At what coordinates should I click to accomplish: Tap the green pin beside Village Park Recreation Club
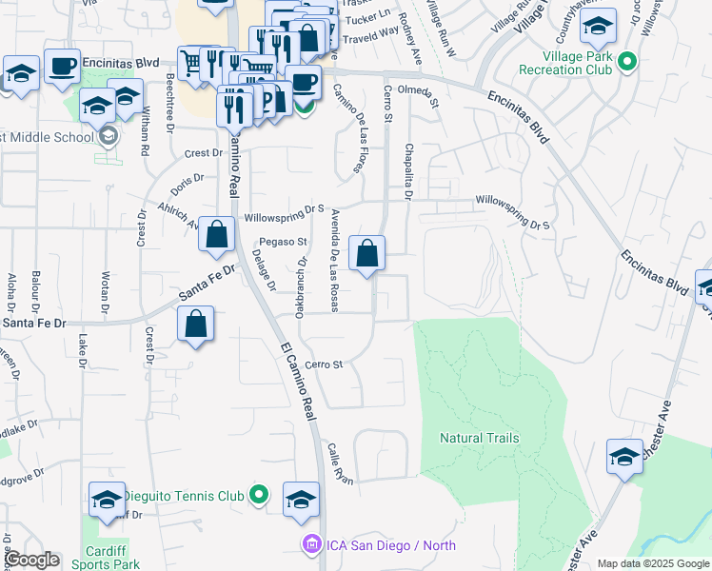[x=626, y=63]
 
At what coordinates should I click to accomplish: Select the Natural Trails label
[x=480, y=438]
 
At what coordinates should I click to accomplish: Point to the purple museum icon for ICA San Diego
[x=310, y=545]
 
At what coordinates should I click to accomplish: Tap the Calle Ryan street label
[x=340, y=463]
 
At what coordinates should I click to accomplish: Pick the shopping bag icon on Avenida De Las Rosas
[x=367, y=254]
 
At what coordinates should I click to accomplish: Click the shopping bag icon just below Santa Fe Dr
[x=195, y=325]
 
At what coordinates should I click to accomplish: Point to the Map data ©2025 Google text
[x=653, y=563]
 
